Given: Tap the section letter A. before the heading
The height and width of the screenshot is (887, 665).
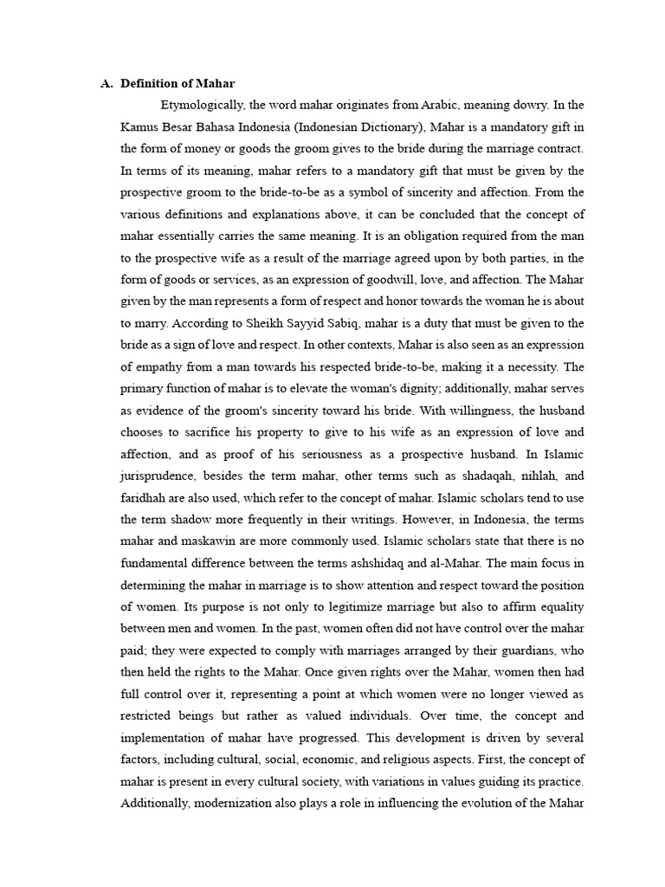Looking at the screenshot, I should click(107, 83).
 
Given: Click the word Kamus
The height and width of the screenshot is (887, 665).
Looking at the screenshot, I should click(139, 126).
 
